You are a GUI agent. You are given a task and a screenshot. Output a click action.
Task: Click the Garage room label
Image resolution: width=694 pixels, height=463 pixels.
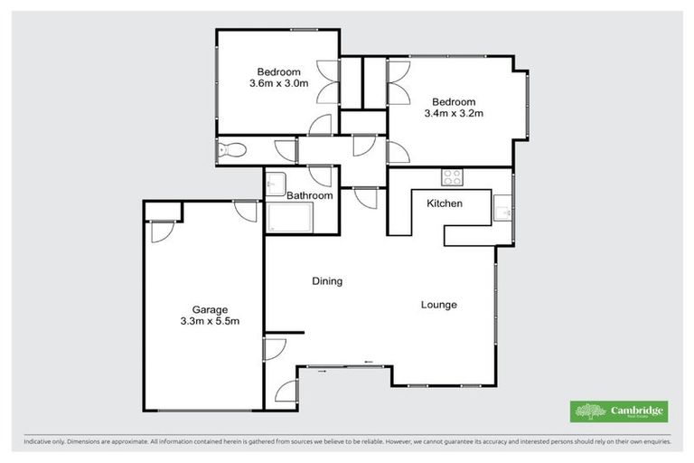pyautogui.click(x=209, y=308)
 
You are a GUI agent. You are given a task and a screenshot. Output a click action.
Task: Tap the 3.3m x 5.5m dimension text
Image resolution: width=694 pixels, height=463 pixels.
pyautogui.click(x=209, y=320)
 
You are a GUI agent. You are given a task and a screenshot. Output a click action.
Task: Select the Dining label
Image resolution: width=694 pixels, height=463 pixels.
pyautogui.click(x=327, y=281)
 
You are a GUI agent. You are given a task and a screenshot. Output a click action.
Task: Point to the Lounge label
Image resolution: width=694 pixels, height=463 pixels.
pyautogui.click(x=439, y=305)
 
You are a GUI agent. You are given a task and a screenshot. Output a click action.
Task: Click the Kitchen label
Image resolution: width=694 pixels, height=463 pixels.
pyautogui.click(x=445, y=203)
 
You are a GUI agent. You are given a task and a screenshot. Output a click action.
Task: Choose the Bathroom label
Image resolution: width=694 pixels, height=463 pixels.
pyautogui.click(x=309, y=195)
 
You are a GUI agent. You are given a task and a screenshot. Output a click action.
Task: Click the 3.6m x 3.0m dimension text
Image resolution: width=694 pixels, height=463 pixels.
pyautogui.click(x=279, y=83)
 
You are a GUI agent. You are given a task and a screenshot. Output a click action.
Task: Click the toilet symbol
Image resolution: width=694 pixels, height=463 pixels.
pyautogui.click(x=230, y=150)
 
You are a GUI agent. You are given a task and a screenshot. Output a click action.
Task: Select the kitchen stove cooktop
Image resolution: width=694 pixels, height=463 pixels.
pyautogui.click(x=452, y=175)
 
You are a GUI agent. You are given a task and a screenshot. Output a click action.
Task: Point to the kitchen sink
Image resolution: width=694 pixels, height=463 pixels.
pyautogui.click(x=505, y=213)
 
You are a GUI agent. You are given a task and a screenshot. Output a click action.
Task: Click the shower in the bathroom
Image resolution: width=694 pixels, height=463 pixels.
pyautogui.click(x=290, y=218)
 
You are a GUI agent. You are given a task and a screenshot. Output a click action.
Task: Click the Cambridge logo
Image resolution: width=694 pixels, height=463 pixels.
pyautogui.click(x=619, y=411)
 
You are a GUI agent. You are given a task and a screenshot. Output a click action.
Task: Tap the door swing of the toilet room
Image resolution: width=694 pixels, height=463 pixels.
pyautogui.click(x=284, y=151)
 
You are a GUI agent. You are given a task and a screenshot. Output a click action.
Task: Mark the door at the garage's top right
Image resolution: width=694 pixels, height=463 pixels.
pyautogui.click(x=245, y=210)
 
